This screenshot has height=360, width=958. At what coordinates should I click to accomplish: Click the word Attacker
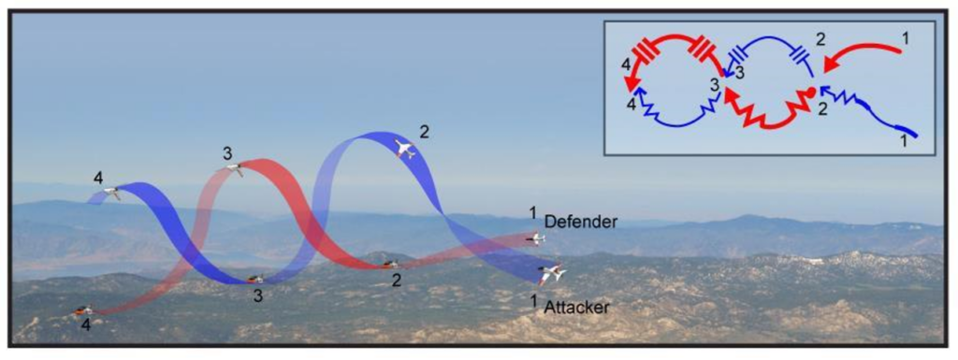tap(576, 307)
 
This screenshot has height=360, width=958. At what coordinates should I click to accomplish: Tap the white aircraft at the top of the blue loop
tap(404, 149)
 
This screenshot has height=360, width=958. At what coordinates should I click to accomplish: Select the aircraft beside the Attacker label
tap(552, 274)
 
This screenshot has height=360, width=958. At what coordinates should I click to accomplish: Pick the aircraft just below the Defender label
tap(536, 238)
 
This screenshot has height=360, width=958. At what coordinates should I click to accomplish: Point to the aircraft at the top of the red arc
tap(236, 167)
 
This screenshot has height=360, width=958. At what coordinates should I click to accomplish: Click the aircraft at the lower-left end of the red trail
tap(82, 310)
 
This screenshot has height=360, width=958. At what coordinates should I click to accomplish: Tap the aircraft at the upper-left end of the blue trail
tap(112, 193)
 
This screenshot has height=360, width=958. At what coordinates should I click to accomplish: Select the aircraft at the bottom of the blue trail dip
tap(255, 280)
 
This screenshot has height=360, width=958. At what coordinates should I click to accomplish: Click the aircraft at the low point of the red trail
tap(390, 265)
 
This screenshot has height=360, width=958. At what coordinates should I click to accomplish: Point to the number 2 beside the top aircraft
tap(426, 131)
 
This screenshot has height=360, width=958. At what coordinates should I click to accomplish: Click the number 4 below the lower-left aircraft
tap(86, 325)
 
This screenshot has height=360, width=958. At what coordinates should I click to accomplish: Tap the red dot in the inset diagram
tap(811, 93)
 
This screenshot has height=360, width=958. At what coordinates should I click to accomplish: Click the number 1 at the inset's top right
tap(906, 37)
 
